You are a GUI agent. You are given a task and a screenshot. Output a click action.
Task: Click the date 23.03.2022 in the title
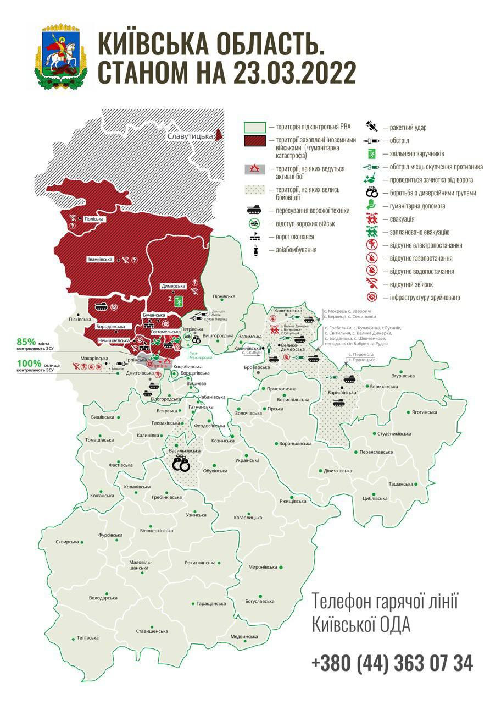[282, 73]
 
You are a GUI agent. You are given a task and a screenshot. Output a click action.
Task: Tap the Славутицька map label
[189, 135]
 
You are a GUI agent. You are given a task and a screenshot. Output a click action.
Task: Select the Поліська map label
[94, 219]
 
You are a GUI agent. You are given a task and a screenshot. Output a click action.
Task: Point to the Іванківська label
[100, 259]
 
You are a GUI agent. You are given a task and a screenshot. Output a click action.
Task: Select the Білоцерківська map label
[156, 531]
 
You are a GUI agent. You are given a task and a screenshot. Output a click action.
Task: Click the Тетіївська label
[88, 638]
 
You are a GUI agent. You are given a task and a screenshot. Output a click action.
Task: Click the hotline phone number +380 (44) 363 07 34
[392, 663]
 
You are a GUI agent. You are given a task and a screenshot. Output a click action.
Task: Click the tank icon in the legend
[254, 210]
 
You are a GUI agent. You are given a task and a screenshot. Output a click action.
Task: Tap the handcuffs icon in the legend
[372, 193]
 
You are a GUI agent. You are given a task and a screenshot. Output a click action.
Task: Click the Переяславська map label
[376, 452]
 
